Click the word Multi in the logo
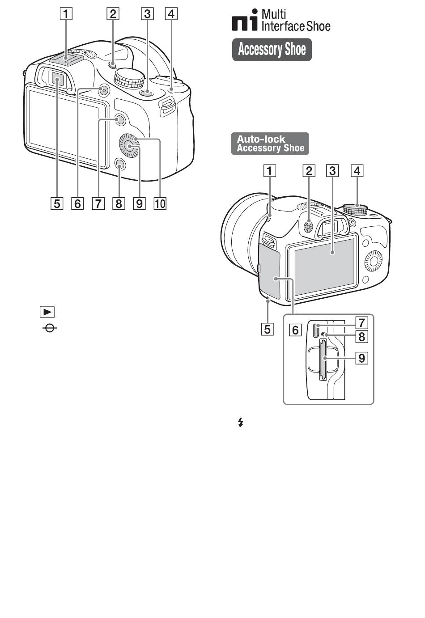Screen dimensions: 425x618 [274, 14]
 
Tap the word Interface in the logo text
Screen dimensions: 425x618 [283, 26]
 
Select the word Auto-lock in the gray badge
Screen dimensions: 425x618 [261, 139]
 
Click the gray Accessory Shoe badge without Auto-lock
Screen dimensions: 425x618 [272, 49]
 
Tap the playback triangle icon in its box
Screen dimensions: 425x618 [47, 312]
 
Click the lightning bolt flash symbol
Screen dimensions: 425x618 [241, 423]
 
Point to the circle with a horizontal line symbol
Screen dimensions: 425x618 [50, 328]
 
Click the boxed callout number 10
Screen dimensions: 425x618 [160, 203]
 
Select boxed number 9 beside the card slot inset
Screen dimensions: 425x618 [362, 358]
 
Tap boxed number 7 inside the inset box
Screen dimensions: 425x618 [362, 322]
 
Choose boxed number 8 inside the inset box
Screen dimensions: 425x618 [362, 337]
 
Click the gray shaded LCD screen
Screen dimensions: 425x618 [325, 267]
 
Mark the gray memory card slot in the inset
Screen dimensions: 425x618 [323, 360]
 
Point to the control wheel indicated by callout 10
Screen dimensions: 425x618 [129, 145]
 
